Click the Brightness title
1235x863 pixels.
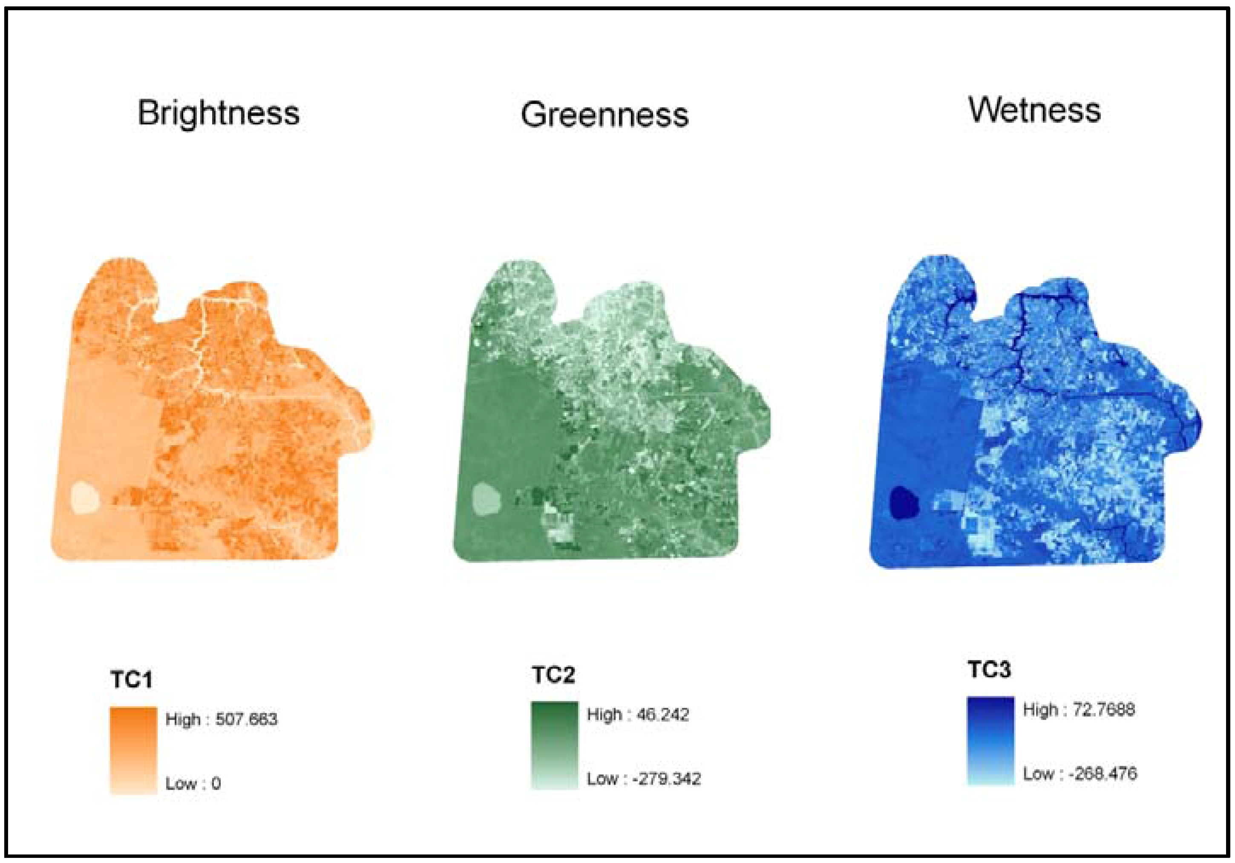[219, 113]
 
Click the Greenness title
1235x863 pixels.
[604, 115]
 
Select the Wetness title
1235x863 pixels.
[1034, 110]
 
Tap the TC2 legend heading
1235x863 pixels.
[553, 675]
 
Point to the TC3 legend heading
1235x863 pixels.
[989, 670]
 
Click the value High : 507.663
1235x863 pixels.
[221, 719]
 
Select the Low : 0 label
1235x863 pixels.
[193, 783]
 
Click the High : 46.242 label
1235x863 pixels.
[637, 715]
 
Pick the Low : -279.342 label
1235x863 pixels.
[643, 779]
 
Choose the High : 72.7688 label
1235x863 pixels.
[1079, 710]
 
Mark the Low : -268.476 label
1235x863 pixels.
[1080, 774]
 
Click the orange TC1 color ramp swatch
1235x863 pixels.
[133, 750]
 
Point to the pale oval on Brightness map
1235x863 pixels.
[85, 498]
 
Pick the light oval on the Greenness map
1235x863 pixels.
[486, 499]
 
